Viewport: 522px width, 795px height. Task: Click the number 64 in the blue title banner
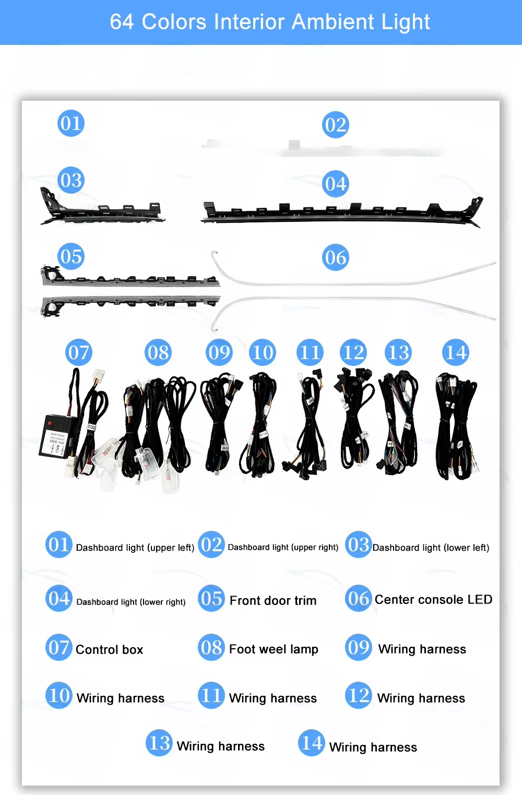(122, 22)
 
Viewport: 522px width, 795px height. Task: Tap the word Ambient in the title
(333, 22)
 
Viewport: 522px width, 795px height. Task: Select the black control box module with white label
(58, 435)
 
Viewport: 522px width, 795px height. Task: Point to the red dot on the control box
(50, 423)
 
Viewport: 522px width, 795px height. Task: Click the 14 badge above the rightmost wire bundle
(455, 352)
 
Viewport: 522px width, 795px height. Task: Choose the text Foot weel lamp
(274, 649)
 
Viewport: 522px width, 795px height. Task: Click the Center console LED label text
(433, 599)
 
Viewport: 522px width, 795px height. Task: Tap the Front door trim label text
(273, 600)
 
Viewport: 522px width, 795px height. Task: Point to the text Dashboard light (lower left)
(431, 548)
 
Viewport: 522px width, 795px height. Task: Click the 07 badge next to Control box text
(59, 647)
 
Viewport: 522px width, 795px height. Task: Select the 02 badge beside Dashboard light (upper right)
(211, 544)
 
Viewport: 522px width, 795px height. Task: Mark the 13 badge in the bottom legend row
(159, 742)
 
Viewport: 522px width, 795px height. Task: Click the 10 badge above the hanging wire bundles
(263, 352)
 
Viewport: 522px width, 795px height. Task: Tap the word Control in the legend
(92, 649)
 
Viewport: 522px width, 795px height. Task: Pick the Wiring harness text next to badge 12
(421, 698)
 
